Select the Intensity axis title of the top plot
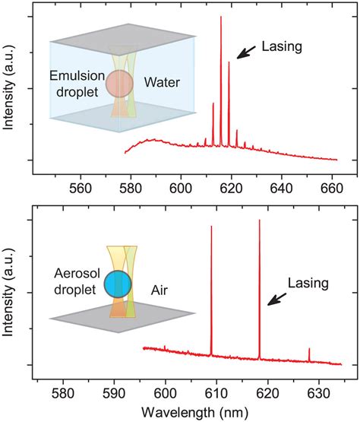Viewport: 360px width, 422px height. (10, 89)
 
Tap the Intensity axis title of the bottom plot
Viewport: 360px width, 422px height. (10, 293)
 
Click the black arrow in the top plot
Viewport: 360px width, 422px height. (245, 52)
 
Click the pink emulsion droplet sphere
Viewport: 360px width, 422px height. (120, 84)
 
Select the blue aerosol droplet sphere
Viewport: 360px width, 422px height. (119, 284)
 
